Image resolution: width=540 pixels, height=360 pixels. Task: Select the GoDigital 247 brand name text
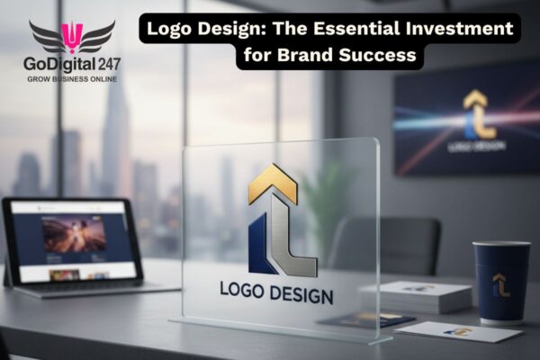(x=72, y=63)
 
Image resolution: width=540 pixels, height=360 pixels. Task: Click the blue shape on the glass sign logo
(x=260, y=245)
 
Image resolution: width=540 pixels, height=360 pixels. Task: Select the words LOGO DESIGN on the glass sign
(x=276, y=294)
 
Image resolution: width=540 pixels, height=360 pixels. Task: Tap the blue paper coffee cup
(x=500, y=283)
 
